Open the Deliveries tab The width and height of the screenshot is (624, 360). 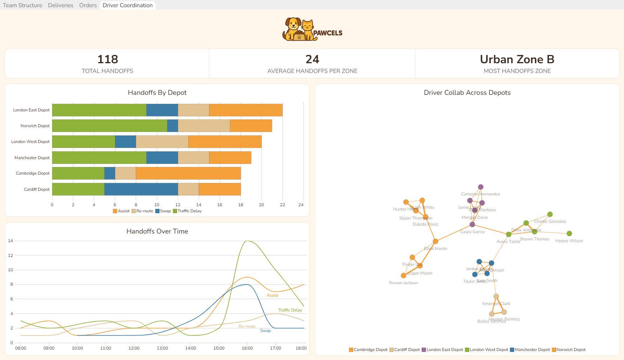pyautogui.click(x=60, y=5)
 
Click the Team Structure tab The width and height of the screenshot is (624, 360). pyautogui.click(x=23, y=5)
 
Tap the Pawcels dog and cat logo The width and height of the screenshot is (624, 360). pyautogui.click(x=300, y=29)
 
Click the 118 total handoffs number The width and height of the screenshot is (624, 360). pyautogui.click(x=107, y=59)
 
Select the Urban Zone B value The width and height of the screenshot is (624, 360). pyautogui.click(x=517, y=59)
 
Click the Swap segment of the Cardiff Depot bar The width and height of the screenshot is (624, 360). pyautogui.click(x=141, y=189)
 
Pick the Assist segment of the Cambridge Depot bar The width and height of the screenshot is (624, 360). pyautogui.click(x=188, y=173)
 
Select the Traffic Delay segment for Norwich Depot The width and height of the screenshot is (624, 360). pyautogui.click(x=110, y=126)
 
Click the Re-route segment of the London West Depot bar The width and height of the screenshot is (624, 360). pyautogui.click(x=162, y=142)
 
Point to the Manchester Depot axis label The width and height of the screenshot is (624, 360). pyautogui.click(x=32, y=158)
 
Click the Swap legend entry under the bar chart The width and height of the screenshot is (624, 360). pyautogui.click(x=163, y=211)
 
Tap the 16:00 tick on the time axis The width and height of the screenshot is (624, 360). pyautogui.click(x=247, y=348)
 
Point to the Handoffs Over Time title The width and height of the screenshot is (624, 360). pyautogui.click(x=157, y=231)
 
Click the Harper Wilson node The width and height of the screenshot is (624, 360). pyautogui.click(x=569, y=234)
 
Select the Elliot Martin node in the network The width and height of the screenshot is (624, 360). pyautogui.click(x=435, y=241)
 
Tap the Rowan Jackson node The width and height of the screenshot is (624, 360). pyautogui.click(x=403, y=276)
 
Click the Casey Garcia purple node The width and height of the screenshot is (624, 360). pyautogui.click(x=472, y=225)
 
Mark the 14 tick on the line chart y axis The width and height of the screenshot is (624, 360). pyautogui.click(x=10, y=241)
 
